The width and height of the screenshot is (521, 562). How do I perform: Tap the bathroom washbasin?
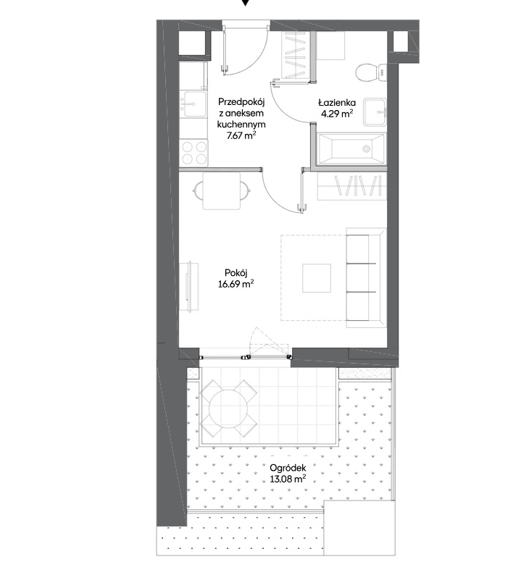(x=375, y=112)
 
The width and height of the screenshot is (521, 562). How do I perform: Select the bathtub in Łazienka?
(x=351, y=148)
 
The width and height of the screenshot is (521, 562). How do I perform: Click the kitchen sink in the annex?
(x=193, y=104)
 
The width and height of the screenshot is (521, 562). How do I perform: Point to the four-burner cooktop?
(x=194, y=153)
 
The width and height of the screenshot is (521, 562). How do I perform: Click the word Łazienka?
(x=337, y=103)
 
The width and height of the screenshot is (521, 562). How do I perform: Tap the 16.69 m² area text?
(x=236, y=284)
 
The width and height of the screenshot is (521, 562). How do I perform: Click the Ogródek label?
(x=288, y=468)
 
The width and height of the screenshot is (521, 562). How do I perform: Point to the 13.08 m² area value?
(x=288, y=479)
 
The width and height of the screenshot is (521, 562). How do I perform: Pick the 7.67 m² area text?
(x=241, y=135)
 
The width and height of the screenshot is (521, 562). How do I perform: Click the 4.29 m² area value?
(x=337, y=114)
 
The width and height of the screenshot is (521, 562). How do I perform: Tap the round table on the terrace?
(x=229, y=408)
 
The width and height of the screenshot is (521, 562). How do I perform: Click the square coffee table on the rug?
(x=316, y=278)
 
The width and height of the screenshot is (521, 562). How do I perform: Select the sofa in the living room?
(x=366, y=277)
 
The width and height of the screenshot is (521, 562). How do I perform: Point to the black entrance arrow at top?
(x=245, y=3)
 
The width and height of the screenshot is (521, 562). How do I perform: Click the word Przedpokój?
(x=241, y=102)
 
